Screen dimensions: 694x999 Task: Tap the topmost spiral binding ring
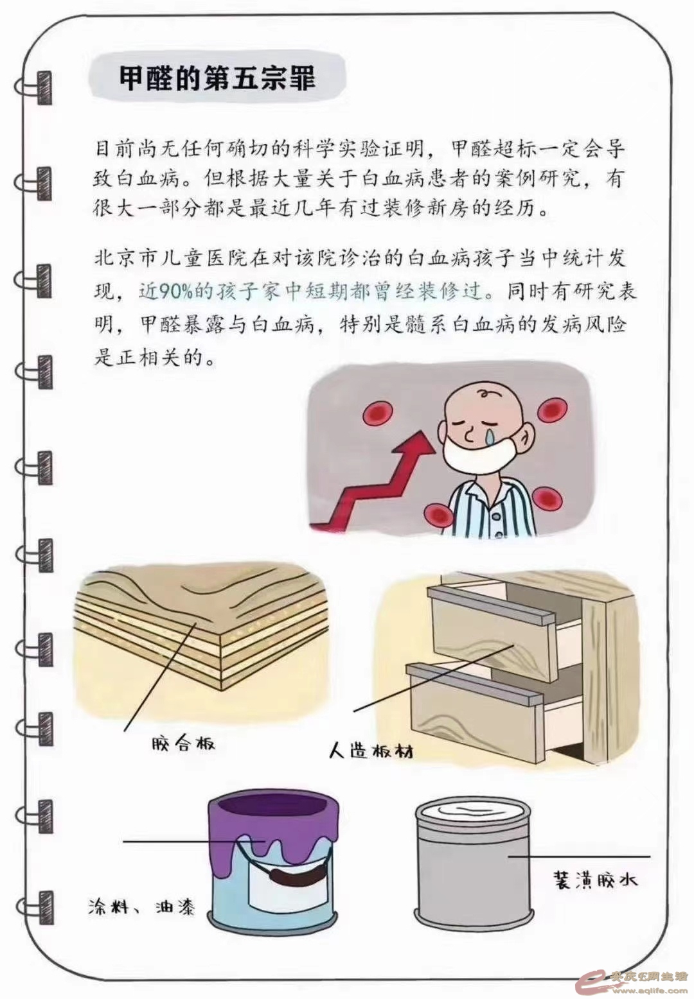[33, 88]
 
